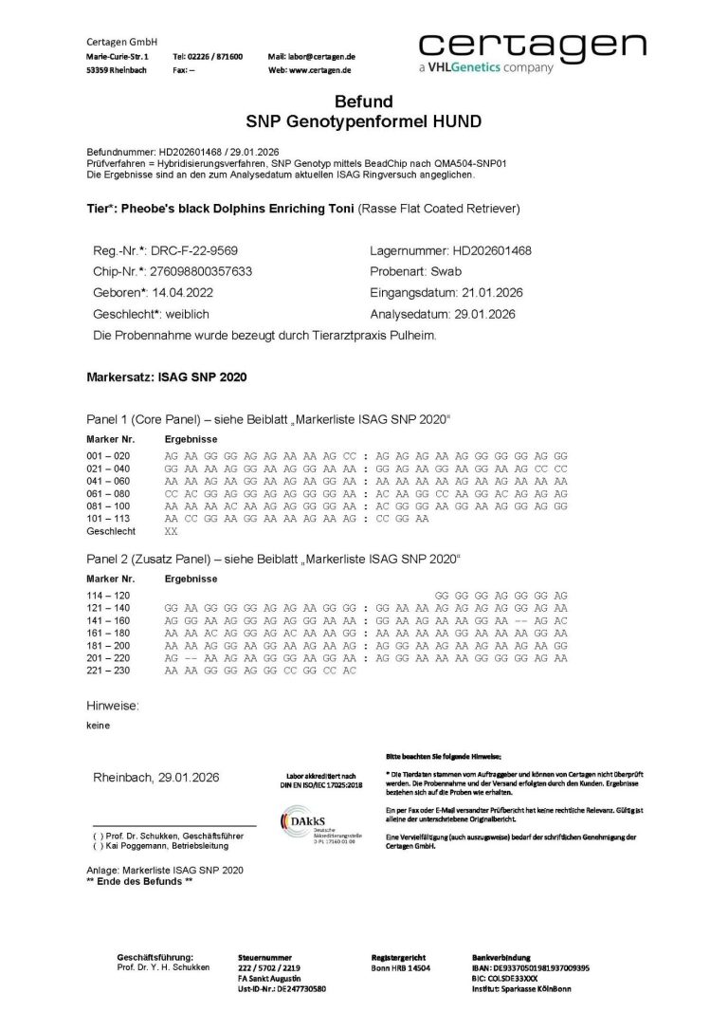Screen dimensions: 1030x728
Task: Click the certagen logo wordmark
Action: tap(532, 45)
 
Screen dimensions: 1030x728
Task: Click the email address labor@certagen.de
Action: tap(324, 57)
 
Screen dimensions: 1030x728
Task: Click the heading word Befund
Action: tap(363, 101)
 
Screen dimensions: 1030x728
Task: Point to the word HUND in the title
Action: tap(455, 121)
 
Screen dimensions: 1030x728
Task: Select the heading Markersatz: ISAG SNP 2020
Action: tap(166, 377)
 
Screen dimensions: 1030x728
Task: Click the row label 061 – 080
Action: tap(107, 493)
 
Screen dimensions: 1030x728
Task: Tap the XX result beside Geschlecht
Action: tap(171, 532)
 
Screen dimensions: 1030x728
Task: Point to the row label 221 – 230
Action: tap(107, 671)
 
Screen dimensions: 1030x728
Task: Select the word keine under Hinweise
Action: tap(98, 726)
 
